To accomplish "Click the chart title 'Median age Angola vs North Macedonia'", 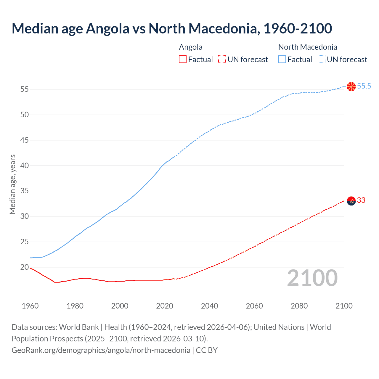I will tap(172, 28).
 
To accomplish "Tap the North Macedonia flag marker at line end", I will tap(351, 86).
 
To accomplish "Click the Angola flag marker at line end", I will tap(351, 201).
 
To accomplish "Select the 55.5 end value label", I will tap(364, 86).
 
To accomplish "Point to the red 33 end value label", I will tap(361, 200).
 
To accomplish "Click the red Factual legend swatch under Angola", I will tap(183, 60).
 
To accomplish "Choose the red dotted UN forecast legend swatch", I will tap(222, 60).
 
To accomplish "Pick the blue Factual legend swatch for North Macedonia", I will tap(282, 60).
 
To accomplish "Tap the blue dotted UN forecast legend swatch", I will tap(321, 60).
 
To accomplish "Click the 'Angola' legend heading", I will tap(191, 47).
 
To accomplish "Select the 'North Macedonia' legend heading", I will tap(308, 47).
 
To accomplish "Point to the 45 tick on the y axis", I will tap(25, 140).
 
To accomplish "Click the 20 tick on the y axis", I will tap(25, 267).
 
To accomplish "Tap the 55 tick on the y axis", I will tap(25, 89).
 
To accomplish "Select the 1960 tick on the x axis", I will tap(30, 306).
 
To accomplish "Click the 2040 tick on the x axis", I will tap(209, 306).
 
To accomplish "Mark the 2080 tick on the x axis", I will tap(299, 306).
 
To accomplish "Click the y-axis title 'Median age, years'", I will tap(12, 184).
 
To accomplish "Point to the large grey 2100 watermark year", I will tap(312, 278).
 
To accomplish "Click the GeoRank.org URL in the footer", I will tap(101, 350).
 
